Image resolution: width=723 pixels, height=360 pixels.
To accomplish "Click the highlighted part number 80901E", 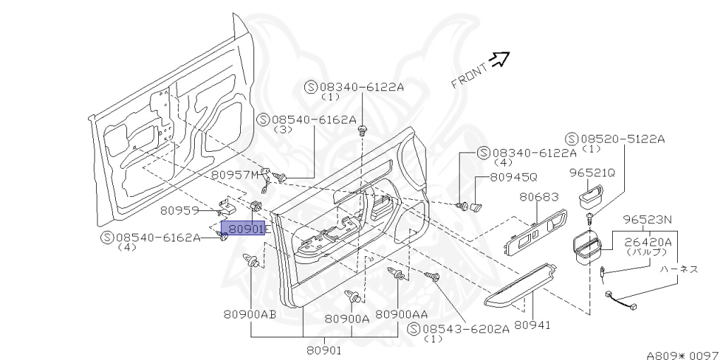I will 244,229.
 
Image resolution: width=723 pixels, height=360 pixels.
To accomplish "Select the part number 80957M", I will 235,174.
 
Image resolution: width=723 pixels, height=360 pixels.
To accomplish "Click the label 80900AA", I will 401,314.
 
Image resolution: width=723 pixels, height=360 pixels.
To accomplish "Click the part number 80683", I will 539,198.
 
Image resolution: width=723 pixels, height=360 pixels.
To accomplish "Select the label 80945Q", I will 513,176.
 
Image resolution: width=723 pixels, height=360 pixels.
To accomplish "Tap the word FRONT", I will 469,76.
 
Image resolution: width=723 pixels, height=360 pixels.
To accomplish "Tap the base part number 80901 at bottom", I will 323,350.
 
